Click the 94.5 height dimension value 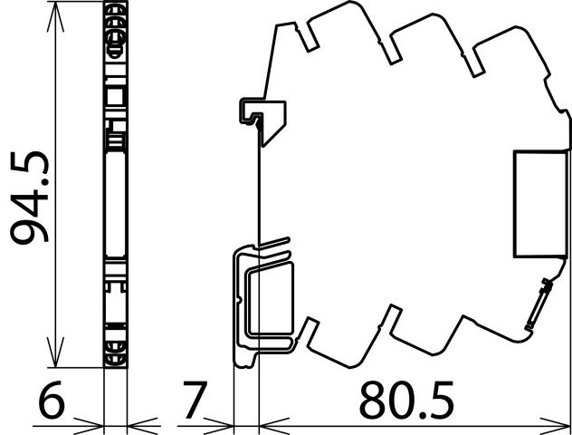pos(29,198)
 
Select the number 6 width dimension pos(52,400)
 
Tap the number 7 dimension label pos(195,400)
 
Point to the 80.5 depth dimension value pos(406,400)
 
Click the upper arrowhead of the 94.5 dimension pos(56,16)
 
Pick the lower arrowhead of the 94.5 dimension pos(56,353)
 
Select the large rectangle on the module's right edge pos(540,204)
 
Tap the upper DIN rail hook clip pos(262,118)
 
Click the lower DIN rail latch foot pos(262,304)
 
